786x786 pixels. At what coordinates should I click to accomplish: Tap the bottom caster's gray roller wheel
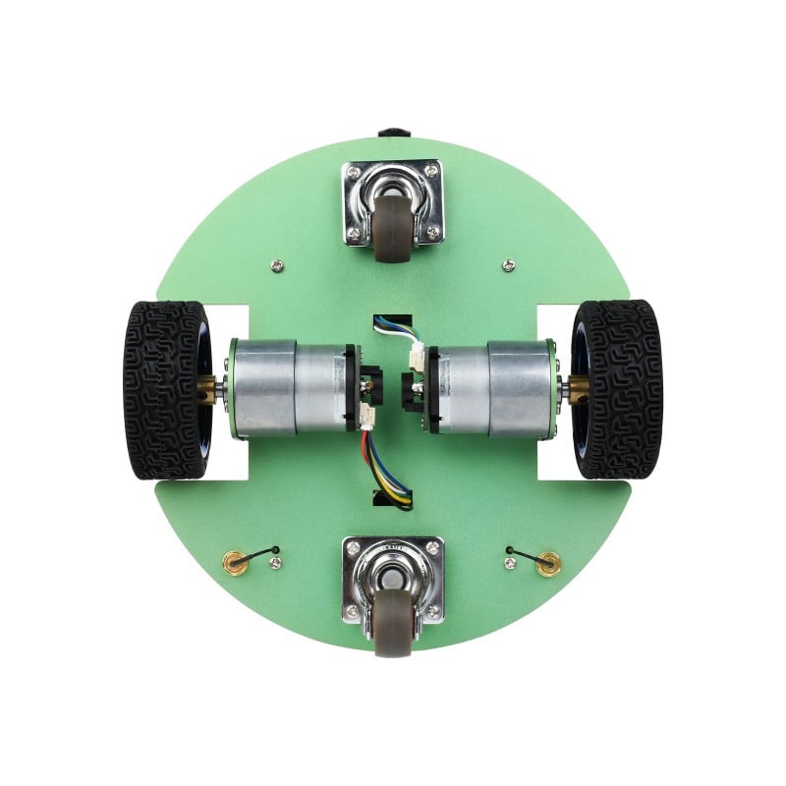click(x=393, y=625)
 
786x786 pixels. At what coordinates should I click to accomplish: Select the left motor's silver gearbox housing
click(x=263, y=387)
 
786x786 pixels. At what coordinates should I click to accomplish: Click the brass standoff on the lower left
click(x=234, y=562)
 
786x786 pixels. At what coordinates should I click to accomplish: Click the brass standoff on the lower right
click(x=550, y=562)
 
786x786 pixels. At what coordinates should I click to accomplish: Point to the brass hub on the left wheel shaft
click(x=207, y=390)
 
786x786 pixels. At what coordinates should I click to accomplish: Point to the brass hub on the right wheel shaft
click(x=578, y=388)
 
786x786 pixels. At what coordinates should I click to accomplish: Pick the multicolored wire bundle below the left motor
click(x=385, y=472)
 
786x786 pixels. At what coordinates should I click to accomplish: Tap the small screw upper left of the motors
click(x=278, y=264)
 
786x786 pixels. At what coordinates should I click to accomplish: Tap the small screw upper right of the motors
click(x=508, y=264)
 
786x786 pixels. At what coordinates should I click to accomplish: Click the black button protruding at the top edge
click(x=393, y=131)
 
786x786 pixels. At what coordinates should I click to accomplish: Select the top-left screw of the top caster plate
click(x=353, y=173)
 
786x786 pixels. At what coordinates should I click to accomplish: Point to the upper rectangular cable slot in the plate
click(x=393, y=324)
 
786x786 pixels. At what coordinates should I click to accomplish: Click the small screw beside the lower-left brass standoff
click(x=275, y=563)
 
